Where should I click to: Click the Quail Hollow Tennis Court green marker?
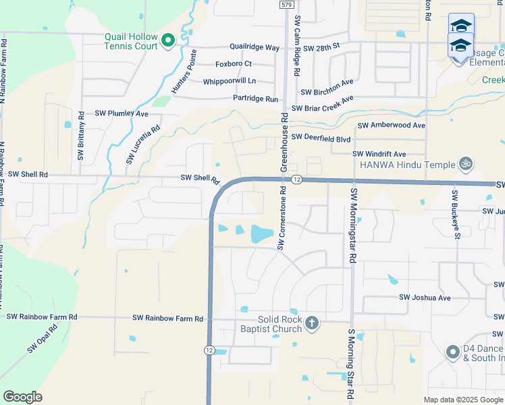tap(168, 41)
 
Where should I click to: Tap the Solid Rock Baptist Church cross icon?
tap(311, 323)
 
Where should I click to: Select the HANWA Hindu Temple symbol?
tap(464, 163)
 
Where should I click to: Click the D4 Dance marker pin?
tap(453, 352)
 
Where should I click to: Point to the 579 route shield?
tap(286, 5)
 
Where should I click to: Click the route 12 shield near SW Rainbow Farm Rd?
tap(210, 350)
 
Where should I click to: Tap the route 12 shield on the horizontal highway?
tap(296, 180)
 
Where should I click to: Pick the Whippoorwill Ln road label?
tap(230, 81)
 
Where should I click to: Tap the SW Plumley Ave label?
tap(122, 113)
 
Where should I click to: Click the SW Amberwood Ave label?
tap(392, 126)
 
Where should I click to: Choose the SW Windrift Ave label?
tap(379, 154)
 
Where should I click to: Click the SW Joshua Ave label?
tap(425, 297)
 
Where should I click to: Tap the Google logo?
tap(22, 397)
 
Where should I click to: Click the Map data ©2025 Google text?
tap(462, 400)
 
